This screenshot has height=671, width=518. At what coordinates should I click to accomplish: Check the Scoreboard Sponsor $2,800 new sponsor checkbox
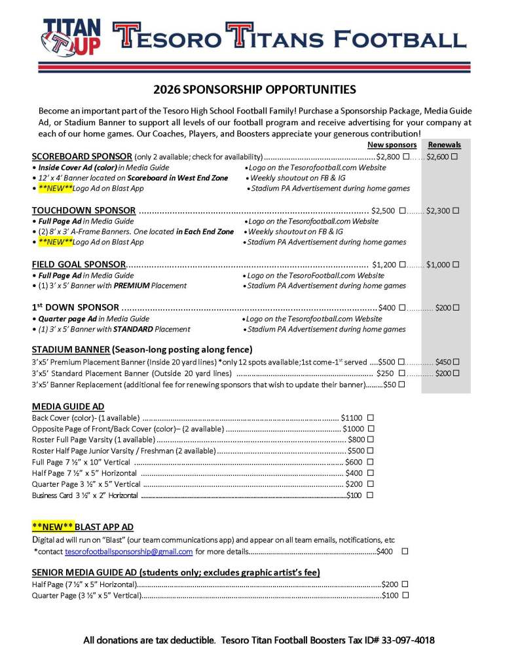click(407, 157)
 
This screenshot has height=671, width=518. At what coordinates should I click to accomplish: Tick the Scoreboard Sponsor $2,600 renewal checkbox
click(454, 157)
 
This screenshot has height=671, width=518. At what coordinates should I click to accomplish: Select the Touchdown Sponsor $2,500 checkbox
click(402, 211)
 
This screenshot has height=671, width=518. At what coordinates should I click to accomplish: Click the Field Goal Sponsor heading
click(79, 265)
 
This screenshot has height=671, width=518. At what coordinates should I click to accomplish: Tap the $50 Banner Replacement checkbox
click(401, 385)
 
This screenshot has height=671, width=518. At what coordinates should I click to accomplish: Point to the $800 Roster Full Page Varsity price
click(356, 439)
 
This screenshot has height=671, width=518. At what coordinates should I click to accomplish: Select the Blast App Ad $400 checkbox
click(405, 552)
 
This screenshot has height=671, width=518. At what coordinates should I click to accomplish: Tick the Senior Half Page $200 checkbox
click(405, 584)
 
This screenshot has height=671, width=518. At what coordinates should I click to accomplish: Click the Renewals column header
click(444, 145)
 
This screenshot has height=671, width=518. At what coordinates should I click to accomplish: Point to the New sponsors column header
click(392, 145)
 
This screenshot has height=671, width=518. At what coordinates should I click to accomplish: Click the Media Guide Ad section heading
click(68, 406)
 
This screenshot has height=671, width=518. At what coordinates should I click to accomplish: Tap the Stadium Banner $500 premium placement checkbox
click(402, 362)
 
